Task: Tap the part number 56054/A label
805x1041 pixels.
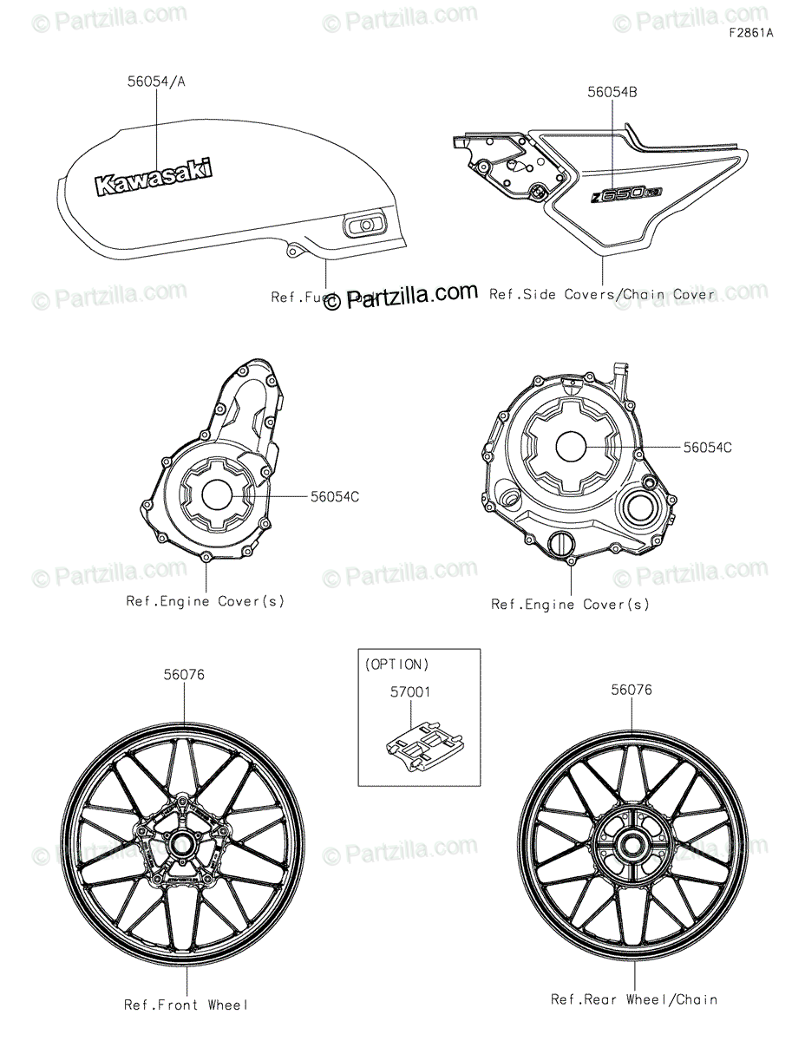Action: pyautogui.click(x=156, y=82)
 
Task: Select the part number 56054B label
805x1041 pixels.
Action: pyautogui.click(x=612, y=91)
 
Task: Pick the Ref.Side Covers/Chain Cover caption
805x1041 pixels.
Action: pyautogui.click(x=602, y=294)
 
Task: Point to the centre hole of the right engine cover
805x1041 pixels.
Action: pyautogui.click(x=573, y=446)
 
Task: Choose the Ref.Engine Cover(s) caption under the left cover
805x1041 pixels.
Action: pyautogui.click(x=206, y=600)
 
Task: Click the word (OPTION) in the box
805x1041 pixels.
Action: pyautogui.click(x=396, y=665)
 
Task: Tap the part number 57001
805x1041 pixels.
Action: pyautogui.click(x=409, y=692)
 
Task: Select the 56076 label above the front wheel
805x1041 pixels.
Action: pyautogui.click(x=184, y=674)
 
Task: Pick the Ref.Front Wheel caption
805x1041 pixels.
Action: pyautogui.click(x=186, y=1005)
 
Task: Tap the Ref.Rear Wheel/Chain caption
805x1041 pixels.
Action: pyautogui.click(x=633, y=999)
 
